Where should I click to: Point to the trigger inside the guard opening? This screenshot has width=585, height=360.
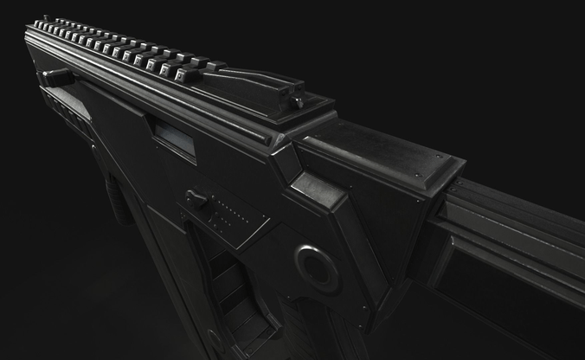227,277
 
